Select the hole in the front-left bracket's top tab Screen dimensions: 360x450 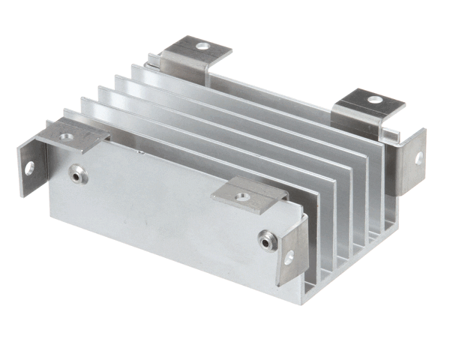(x=67, y=136)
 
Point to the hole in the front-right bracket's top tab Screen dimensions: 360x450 (x=242, y=197)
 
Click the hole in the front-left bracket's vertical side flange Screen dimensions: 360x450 (x=30, y=168)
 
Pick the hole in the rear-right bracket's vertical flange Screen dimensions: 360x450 (x=418, y=157)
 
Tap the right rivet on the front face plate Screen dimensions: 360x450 (x=265, y=241)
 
